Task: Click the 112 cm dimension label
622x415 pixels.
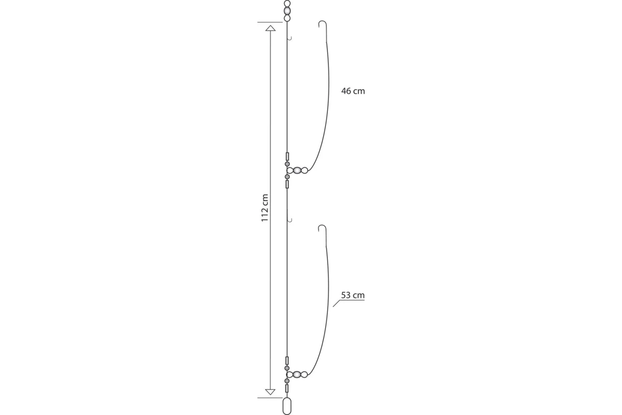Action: click(x=265, y=207)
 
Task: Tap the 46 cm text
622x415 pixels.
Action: click(x=353, y=91)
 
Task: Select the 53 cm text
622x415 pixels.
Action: click(x=352, y=295)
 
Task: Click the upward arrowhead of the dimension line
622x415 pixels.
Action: click(x=270, y=28)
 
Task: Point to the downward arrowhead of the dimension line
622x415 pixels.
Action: click(x=270, y=392)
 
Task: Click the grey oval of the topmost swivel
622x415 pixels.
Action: click(x=287, y=11)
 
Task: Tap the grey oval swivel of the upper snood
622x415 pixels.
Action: click(x=297, y=170)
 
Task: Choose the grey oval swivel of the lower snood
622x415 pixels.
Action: click(x=297, y=374)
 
